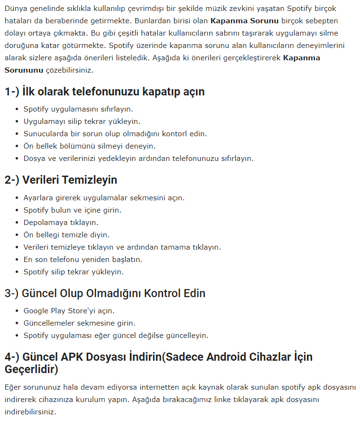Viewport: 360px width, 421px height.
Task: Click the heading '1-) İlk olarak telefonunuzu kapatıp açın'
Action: pyautogui.click(x=104, y=92)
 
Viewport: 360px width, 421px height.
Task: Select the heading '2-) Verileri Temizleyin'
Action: pyautogui.click(x=61, y=180)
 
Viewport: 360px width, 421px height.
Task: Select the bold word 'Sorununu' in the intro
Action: pyautogui.click(x=24, y=70)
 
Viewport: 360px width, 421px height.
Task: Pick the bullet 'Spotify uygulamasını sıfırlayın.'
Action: pyautogui.click(x=78, y=109)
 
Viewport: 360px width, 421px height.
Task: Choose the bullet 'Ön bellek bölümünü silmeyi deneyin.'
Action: pyautogui.click(x=89, y=146)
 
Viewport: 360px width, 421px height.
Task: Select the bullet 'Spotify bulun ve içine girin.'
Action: pyautogui.click(x=72, y=210)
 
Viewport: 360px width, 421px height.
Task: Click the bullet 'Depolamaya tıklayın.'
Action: pyautogui.click(x=61, y=222)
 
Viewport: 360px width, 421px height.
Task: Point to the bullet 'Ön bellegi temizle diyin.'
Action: pyautogui.click(x=66, y=234)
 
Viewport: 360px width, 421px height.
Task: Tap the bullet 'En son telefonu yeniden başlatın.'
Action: pyautogui.click(x=83, y=259)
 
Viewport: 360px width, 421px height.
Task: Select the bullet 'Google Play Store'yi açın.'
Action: pyautogui.click(x=69, y=310)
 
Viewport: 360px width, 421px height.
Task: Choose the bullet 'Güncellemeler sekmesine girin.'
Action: pyautogui.click(x=73, y=323)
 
